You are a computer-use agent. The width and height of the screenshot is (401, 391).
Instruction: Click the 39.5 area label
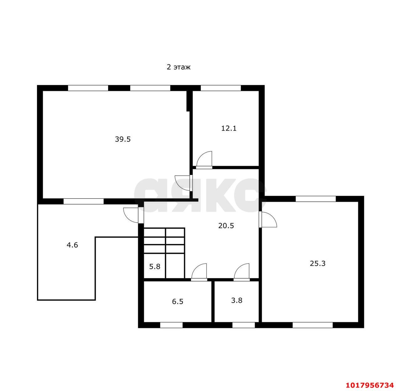coord(122,139)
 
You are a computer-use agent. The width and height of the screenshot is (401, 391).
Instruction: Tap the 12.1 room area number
coord(229,128)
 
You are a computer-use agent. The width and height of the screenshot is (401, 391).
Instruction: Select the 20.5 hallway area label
coord(226,226)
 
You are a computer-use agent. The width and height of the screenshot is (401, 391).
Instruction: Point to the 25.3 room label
coord(318,263)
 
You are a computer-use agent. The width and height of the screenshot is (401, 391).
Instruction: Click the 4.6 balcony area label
coord(72,245)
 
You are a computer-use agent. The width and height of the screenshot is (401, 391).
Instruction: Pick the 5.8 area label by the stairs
coord(154,267)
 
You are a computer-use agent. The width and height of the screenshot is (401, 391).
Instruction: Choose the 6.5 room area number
coord(178,302)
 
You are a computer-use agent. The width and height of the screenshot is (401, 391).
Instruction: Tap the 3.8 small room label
coord(237,301)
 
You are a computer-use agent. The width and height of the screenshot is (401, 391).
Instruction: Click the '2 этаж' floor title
coord(179,67)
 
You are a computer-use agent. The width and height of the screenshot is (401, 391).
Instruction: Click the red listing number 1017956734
coord(370,385)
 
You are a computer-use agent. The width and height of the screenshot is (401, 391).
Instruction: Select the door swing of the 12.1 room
coord(204,160)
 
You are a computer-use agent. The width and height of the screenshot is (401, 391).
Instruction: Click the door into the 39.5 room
coord(183,183)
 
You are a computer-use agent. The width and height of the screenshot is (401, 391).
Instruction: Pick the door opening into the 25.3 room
coord(268,219)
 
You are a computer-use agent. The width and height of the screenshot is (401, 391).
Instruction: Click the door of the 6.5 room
coord(199,272)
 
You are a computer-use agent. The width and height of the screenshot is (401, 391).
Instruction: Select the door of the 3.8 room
coord(242,272)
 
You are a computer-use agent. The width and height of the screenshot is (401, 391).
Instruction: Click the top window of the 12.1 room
coord(221,88)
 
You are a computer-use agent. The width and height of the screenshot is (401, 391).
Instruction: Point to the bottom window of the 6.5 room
coord(171,325)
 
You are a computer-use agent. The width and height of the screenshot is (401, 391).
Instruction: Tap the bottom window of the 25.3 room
coord(313,325)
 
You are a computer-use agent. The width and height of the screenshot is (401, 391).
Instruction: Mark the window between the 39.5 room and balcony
coord(83,201)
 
